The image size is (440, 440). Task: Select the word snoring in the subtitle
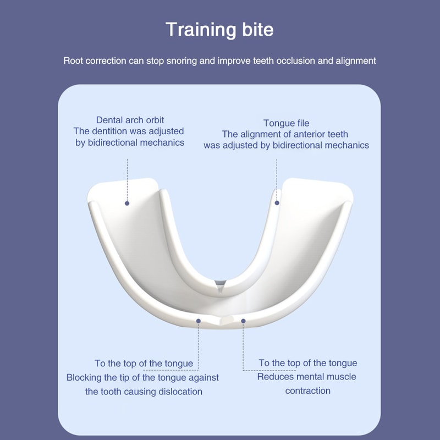180,61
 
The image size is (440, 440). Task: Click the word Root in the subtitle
73,61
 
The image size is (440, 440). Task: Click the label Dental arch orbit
130,120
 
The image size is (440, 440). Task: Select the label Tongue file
286,123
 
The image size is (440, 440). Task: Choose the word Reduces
276,377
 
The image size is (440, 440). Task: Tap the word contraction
307,391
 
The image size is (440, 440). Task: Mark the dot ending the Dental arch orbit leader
127,203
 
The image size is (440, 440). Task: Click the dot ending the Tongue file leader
277,203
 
